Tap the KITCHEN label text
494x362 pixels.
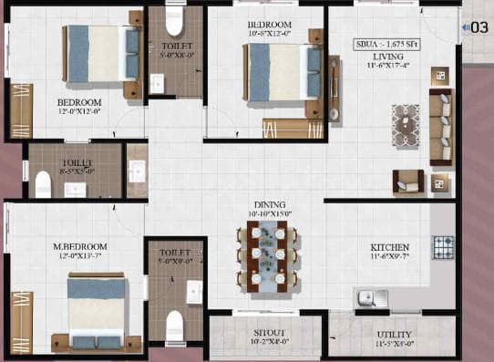pyautogui.click(x=388, y=247)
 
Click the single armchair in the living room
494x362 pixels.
pyautogui.click(x=407, y=180)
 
